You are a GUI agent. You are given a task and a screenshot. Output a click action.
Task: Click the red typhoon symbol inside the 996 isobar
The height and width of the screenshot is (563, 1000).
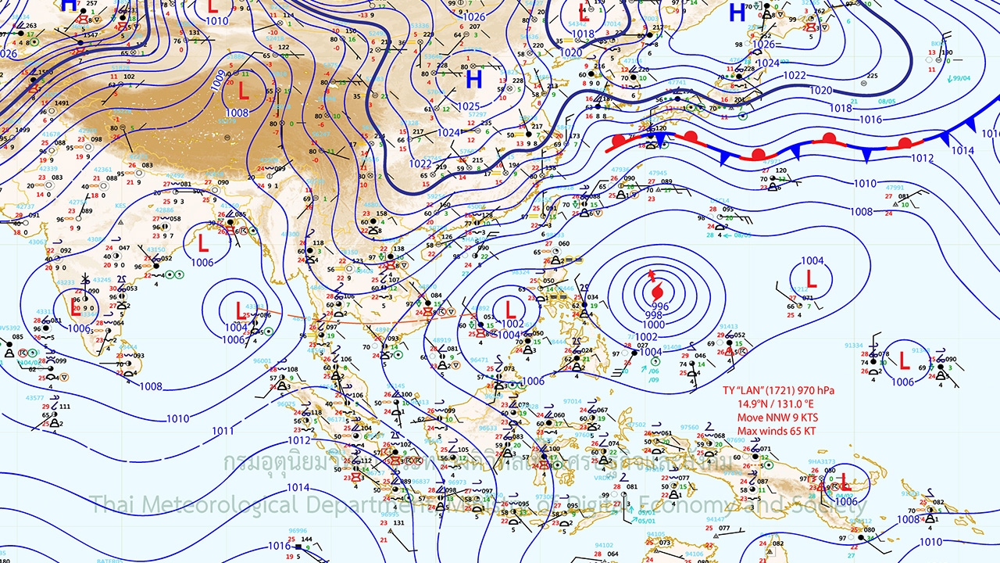(x=655, y=292)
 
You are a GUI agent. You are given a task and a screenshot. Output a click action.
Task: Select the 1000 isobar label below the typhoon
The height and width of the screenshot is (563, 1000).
(x=654, y=325)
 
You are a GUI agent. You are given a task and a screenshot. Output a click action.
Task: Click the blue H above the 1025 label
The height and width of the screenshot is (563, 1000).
(x=473, y=79)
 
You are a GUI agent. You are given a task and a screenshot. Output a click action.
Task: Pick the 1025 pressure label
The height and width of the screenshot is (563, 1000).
(x=469, y=106)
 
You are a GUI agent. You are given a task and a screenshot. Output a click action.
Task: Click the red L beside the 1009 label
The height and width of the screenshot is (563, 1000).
(x=243, y=91)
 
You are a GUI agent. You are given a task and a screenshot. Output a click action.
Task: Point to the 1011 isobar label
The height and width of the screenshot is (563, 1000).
(x=223, y=431)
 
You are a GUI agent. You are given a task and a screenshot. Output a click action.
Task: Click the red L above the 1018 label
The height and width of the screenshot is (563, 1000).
(x=584, y=13)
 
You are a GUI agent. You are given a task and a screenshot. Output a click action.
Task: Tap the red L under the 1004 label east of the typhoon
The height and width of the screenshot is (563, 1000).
(x=811, y=279)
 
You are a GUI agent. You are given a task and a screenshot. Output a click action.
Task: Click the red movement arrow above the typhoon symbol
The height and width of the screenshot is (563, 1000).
(x=651, y=275)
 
